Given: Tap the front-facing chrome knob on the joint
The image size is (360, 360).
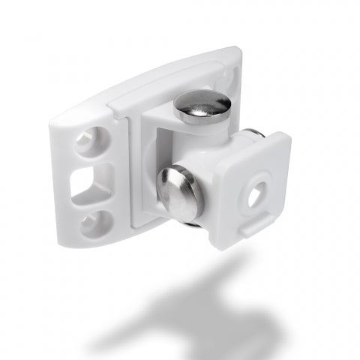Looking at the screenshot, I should [181, 193].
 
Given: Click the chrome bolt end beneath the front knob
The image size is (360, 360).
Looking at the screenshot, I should [192, 223].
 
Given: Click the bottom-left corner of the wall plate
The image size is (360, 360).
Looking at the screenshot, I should [64, 239].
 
